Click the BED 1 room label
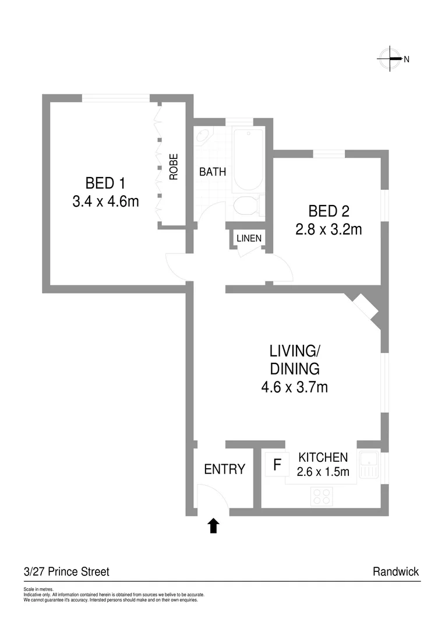click(105, 183)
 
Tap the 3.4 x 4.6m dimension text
click(105, 203)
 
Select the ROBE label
click(174, 166)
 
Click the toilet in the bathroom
click(245, 207)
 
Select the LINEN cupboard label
click(249, 238)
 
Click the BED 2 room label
click(329, 210)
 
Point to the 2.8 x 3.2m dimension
click(329, 229)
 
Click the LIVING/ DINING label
click(295, 359)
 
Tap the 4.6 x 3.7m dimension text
click(295, 386)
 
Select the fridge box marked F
click(277, 465)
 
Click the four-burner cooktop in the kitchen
click(322, 496)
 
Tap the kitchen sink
click(369, 465)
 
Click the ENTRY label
click(224, 469)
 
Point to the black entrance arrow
click(213, 526)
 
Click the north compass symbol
click(391, 58)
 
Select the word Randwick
click(395, 572)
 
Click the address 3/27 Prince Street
click(66, 572)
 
